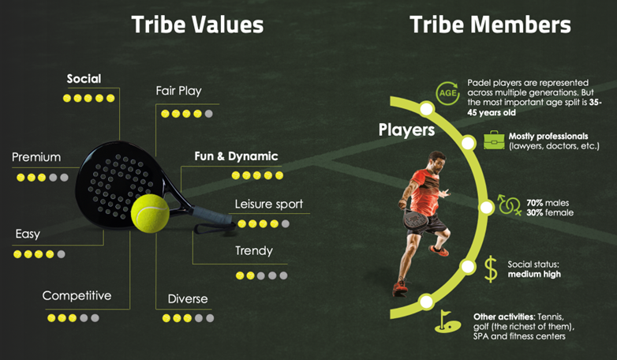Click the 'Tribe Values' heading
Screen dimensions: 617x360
pos(197,24)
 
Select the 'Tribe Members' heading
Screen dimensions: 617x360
pos(490,24)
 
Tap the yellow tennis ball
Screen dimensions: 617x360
pos(150,213)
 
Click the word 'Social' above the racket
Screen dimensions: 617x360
pos(84,79)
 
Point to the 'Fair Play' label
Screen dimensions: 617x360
pos(178,91)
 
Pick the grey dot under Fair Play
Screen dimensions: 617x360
pos(208,114)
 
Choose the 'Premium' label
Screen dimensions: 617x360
pos(36,157)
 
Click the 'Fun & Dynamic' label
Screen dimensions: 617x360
pos(236,156)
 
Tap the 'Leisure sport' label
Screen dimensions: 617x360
pos(269,204)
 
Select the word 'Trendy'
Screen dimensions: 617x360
pos(254,251)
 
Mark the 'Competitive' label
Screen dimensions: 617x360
pos(77,296)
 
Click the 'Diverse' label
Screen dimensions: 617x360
pos(188,299)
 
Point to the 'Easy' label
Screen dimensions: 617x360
pos(28,234)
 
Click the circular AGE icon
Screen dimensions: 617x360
pos(448,93)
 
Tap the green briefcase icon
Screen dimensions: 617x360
pos(494,141)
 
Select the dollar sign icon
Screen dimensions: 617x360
pos(491,269)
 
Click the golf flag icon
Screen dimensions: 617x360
pos(448,321)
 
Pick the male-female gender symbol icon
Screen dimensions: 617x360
pos(509,204)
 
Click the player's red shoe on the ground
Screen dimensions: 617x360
pos(400,287)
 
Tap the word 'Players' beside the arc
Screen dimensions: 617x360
pos(406,130)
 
